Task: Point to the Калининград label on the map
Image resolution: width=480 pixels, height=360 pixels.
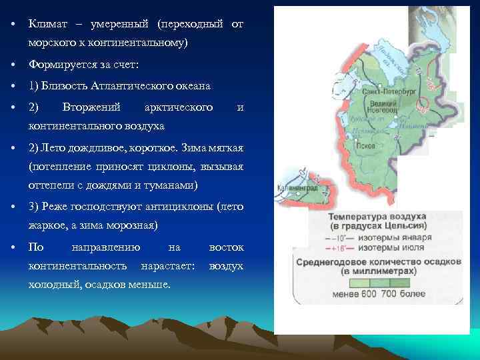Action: (x=292, y=189)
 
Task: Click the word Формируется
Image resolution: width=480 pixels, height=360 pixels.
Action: (x=63, y=65)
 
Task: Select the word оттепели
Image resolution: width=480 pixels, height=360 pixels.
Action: (x=51, y=185)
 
